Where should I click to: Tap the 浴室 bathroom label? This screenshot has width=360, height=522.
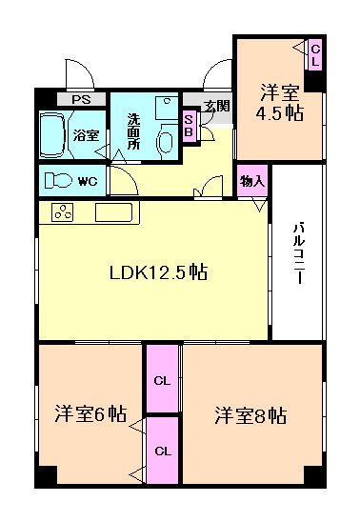tap(86, 135)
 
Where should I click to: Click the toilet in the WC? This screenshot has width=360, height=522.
tap(61, 179)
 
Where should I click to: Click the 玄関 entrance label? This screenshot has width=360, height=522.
tap(215, 106)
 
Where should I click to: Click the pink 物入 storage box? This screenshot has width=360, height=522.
tap(252, 181)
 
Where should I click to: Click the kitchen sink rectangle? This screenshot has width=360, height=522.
tap(117, 212)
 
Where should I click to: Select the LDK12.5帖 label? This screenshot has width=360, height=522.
tap(156, 273)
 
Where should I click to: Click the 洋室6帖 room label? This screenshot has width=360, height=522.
tap(90, 414)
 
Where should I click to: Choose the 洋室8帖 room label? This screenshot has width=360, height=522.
tap(250, 415)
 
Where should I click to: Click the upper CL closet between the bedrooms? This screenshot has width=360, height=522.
tap(163, 379)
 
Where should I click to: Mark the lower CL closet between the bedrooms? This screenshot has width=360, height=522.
tap(163, 451)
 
